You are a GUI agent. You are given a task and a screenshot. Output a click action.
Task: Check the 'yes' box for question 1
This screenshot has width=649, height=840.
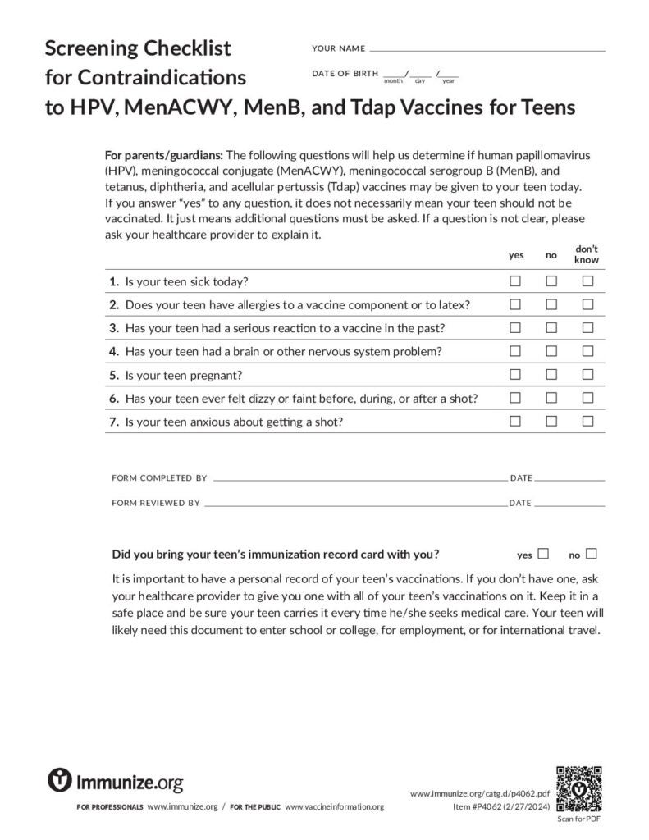click(515, 281)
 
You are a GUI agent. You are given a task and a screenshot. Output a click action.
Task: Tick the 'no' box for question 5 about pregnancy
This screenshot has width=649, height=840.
click(551, 375)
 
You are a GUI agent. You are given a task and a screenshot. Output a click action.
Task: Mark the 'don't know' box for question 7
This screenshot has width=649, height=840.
click(587, 422)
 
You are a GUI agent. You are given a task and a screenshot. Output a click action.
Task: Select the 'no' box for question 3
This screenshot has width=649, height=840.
click(551, 328)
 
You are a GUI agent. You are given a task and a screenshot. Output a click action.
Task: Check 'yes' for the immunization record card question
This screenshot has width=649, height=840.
click(542, 554)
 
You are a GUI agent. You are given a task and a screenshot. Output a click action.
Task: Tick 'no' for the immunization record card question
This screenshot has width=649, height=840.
click(592, 554)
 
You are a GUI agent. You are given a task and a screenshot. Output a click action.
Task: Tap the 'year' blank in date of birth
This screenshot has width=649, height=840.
click(449, 75)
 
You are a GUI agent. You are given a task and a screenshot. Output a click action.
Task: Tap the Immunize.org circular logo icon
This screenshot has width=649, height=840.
click(60, 779)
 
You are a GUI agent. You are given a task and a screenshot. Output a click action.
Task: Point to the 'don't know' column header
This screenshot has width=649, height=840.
click(587, 254)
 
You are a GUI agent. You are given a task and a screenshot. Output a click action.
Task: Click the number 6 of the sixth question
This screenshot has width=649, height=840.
click(113, 399)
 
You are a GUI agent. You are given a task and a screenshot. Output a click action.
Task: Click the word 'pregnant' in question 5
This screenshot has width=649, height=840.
click(216, 375)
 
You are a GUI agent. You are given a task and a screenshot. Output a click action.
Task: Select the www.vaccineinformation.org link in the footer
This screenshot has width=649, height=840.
click(334, 807)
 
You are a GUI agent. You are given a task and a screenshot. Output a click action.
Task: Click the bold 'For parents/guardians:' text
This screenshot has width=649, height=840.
click(164, 154)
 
